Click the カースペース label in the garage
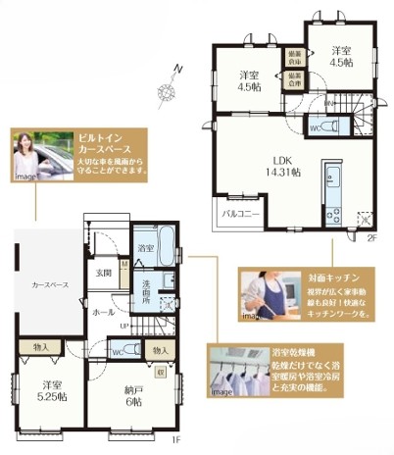click(50, 284)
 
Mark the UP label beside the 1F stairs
click(122, 326)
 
